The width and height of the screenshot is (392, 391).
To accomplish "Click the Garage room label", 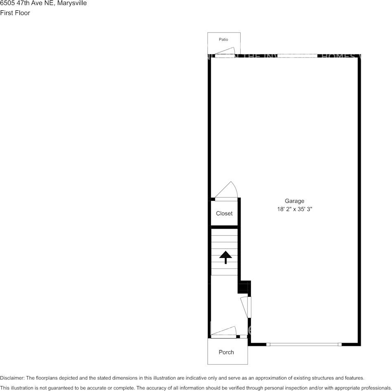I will click(294, 201).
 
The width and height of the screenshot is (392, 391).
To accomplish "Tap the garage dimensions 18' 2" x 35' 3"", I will click(294, 209).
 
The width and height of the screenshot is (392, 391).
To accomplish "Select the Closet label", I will click(224, 214).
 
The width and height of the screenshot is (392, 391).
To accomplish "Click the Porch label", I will click(226, 352).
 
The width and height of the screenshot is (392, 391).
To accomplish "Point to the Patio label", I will click(223, 40).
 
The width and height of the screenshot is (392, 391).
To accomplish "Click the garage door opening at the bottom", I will click(304, 344).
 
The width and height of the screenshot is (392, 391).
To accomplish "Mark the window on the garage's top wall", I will click(297, 56).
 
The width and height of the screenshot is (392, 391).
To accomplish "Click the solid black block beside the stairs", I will click(244, 287).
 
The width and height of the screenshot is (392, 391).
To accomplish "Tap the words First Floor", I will click(15, 13).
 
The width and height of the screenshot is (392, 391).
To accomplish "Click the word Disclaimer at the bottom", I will click(12, 378).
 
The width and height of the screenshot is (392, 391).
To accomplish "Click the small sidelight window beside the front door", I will click(243, 336).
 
